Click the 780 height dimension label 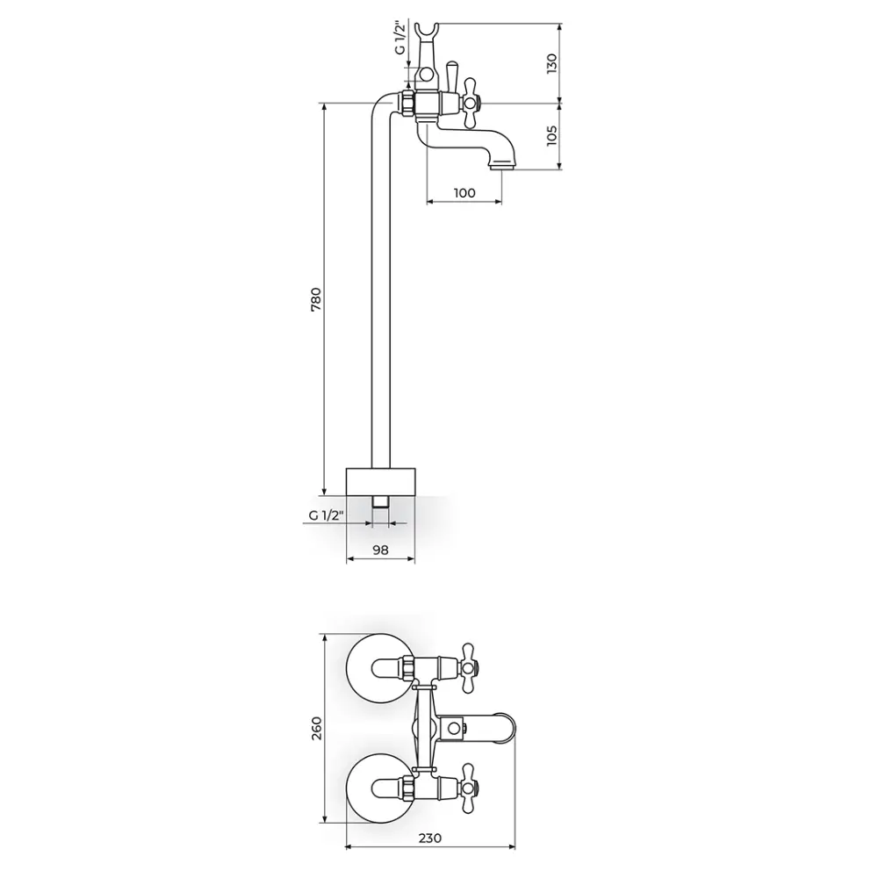coord(316,299)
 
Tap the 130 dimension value coord(552,63)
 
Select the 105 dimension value coord(552,136)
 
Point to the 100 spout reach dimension coord(464,192)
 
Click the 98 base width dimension coord(380,550)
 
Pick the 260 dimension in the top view coord(316,729)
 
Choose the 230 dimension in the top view coord(430,838)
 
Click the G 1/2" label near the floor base coord(325,515)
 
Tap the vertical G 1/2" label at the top coord(399,38)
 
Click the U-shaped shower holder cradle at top coord(427,33)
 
